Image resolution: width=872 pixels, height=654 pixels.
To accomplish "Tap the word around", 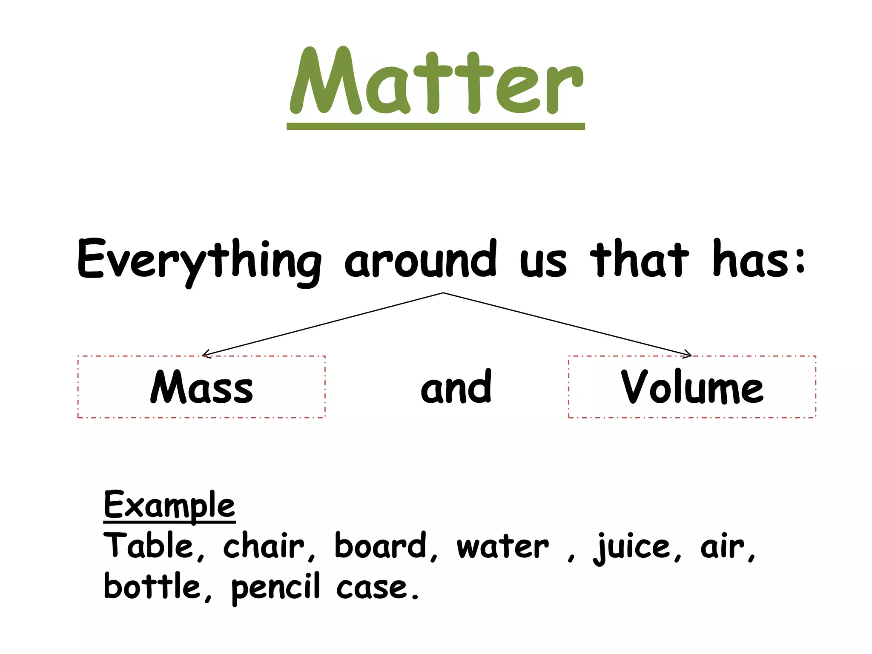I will point(420,260).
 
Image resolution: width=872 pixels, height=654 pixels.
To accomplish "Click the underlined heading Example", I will point(169,506).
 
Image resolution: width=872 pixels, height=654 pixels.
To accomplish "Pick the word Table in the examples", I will point(149,546).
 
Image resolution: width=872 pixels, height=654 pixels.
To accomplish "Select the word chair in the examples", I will point(264,546).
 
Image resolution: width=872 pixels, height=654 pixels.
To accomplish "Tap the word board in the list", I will point(381,546).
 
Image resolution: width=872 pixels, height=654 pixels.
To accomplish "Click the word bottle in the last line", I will point(152,587).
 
